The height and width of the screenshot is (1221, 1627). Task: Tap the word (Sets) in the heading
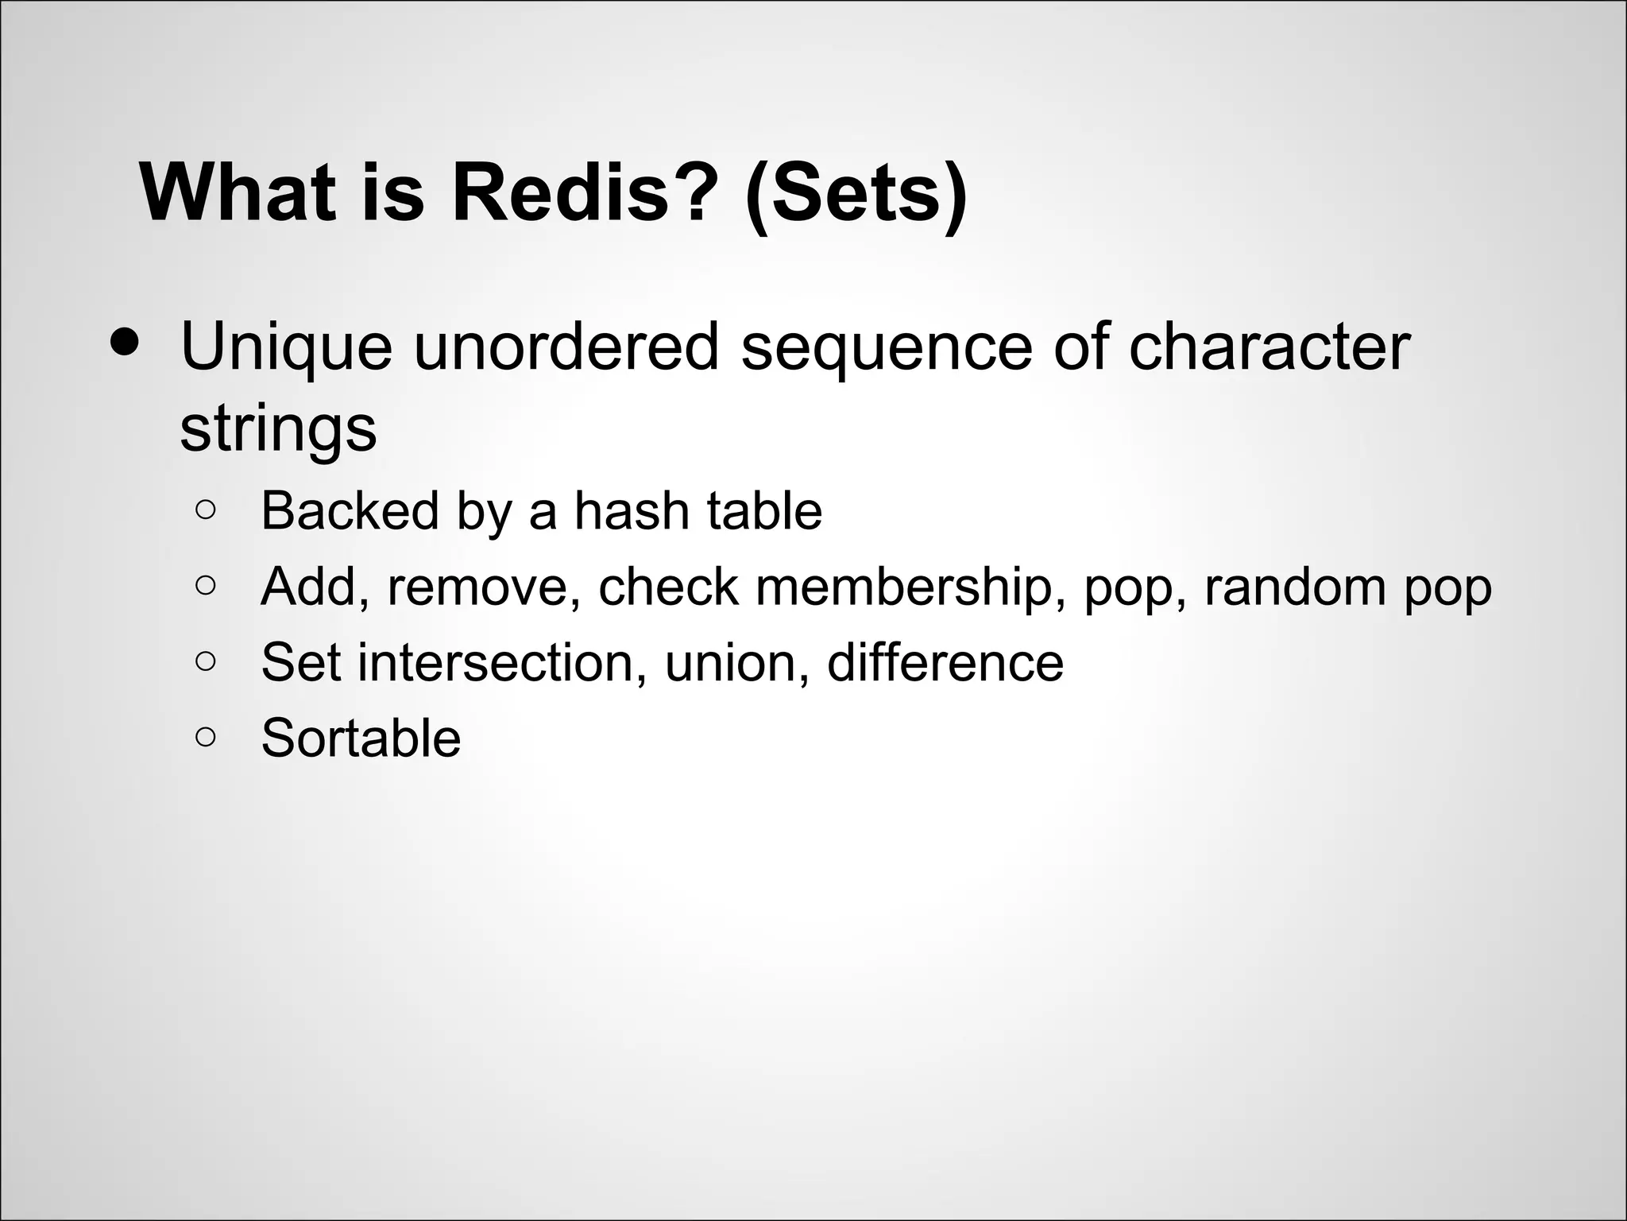click(x=856, y=193)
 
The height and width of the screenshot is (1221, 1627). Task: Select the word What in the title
click(x=237, y=193)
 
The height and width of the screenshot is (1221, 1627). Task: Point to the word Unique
click(x=286, y=347)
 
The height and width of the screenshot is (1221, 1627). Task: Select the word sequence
click(x=886, y=347)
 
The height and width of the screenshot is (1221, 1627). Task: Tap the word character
click(x=1269, y=347)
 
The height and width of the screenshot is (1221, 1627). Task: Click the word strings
click(x=278, y=429)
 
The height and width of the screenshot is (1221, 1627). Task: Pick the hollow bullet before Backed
click(x=205, y=510)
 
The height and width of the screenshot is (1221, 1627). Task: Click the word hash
click(x=631, y=510)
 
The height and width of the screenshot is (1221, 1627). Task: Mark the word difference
click(x=945, y=662)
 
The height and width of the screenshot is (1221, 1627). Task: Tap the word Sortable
click(x=361, y=738)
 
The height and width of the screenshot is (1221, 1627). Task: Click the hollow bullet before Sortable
click(x=205, y=738)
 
